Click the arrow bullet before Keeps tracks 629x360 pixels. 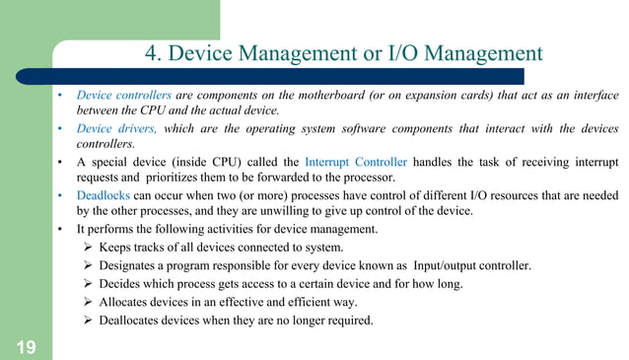click(88, 248)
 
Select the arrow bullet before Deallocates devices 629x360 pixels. click(88, 319)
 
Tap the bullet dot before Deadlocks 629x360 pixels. click(60, 194)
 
